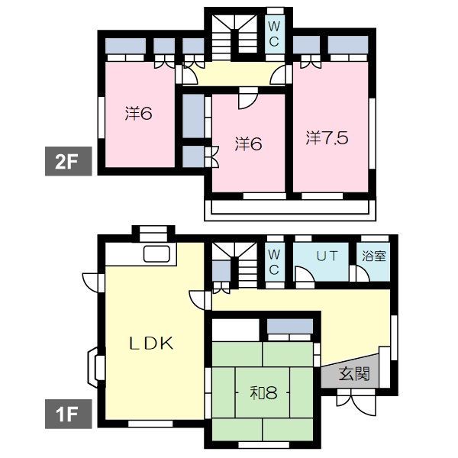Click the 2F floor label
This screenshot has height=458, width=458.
(x=69, y=161)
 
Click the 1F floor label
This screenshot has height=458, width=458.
(x=69, y=414)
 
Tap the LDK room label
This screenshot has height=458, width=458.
(x=151, y=343)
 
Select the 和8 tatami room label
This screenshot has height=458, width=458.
(x=263, y=393)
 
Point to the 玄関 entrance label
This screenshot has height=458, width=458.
(x=354, y=373)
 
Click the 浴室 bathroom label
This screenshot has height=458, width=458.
(x=374, y=256)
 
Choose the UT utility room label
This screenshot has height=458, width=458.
(x=327, y=256)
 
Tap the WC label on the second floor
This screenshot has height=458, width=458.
(x=274, y=34)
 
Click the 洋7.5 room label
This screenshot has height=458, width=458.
(x=327, y=137)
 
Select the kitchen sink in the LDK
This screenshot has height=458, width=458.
(x=156, y=254)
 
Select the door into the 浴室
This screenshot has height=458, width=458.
(x=360, y=274)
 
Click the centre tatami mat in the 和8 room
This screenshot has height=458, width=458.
(x=263, y=392)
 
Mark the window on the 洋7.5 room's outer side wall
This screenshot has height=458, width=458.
(x=373, y=134)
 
